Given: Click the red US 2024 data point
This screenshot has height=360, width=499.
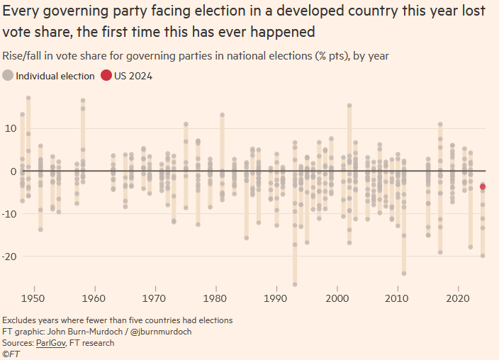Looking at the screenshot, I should click(483, 187).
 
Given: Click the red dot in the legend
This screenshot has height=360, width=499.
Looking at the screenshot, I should click(106, 76).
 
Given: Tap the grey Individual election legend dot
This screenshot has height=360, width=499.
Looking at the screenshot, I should click(8, 76).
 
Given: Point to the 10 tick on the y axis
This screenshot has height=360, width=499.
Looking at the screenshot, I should click(11, 128).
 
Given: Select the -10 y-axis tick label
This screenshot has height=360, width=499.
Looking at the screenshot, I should click(9, 213).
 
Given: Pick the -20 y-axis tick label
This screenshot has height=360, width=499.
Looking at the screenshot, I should click(9, 256).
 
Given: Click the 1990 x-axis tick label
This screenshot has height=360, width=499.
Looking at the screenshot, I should click(276, 298).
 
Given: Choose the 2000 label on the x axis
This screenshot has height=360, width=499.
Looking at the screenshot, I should click(337, 298).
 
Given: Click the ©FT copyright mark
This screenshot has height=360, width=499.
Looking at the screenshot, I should click(11, 354).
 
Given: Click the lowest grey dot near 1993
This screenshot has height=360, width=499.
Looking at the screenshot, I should click(295, 284).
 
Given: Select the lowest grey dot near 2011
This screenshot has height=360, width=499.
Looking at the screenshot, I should click(404, 273).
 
